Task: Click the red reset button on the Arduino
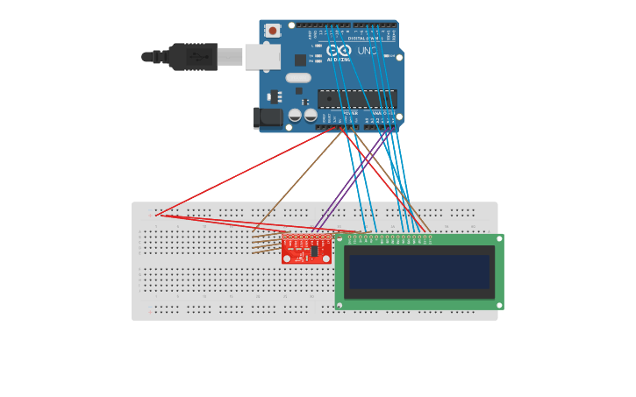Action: pyautogui.click(x=273, y=31)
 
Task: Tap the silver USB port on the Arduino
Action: pyautogui.click(x=261, y=57)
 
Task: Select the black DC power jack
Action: pyautogui.click(x=268, y=117)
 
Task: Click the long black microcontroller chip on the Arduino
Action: pyautogui.click(x=357, y=97)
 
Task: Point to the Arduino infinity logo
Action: pyautogui.click(x=339, y=50)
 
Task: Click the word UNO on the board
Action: pyautogui.click(x=368, y=51)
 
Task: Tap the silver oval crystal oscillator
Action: pyautogui.click(x=298, y=77)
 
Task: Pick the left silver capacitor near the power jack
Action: pyautogui.click(x=295, y=115)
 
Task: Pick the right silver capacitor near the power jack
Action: pyautogui.click(x=311, y=115)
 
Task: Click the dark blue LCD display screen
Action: pyautogui.click(x=419, y=272)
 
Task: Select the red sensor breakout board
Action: pyautogui.click(x=306, y=249)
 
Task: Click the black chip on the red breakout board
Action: pyautogui.click(x=314, y=251)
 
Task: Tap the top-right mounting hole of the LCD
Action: pyautogui.click(x=499, y=237)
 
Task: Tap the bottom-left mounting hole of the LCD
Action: pyautogui.click(x=339, y=305)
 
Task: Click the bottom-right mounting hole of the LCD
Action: pyautogui.click(x=499, y=305)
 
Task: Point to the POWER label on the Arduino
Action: pyautogui.click(x=350, y=113)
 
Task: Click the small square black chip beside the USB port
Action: pyautogui.click(x=300, y=60)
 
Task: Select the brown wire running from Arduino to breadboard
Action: pyautogui.click(x=298, y=180)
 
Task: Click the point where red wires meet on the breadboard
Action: pyautogui.click(x=157, y=215)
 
